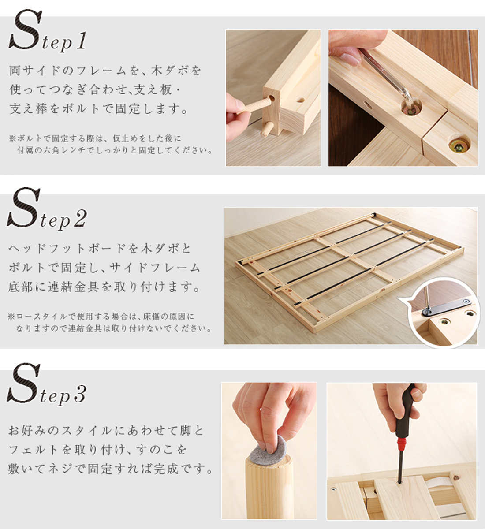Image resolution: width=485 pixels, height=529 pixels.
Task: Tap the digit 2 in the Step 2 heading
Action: point(80,218)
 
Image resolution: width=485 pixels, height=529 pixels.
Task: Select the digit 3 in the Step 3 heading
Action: point(80,394)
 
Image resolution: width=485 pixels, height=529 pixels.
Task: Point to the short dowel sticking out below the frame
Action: point(266,129)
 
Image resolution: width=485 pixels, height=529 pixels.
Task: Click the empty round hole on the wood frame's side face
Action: point(300,100)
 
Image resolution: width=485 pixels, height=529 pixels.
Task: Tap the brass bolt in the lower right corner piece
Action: point(459,145)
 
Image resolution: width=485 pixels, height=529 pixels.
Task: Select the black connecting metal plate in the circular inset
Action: point(446,307)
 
